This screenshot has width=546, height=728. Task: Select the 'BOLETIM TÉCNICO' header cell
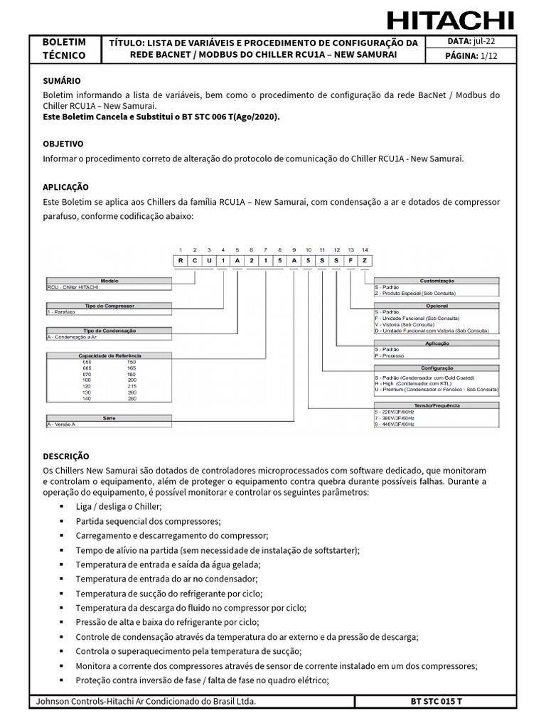pyautogui.click(x=64, y=49)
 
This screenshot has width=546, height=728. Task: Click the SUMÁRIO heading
pyautogui.click(x=62, y=81)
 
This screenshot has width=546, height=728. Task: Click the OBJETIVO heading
pyautogui.click(x=63, y=144)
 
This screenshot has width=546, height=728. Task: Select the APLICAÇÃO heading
pyautogui.click(x=66, y=187)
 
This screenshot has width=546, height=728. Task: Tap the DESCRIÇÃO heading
pyautogui.click(x=66, y=456)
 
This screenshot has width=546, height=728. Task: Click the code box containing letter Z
pyautogui.click(x=365, y=261)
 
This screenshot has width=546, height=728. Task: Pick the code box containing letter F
pyautogui.click(x=350, y=261)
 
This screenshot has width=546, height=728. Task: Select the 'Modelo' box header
pyautogui.click(x=109, y=281)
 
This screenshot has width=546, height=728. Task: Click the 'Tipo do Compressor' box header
pyautogui.click(x=109, y=306)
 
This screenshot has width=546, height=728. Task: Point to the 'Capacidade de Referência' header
pyautogui.click(x=109, y=355)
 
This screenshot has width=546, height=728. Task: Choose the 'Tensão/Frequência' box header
pyautogui.click(x=437, y=405)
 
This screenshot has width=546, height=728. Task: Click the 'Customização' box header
pyautogui.click(x=437, y=281)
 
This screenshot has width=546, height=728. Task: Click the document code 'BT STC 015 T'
pyautogui.click(x=436, y=702)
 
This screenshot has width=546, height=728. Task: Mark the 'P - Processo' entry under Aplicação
pyautogui.click(x=390, y=356)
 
